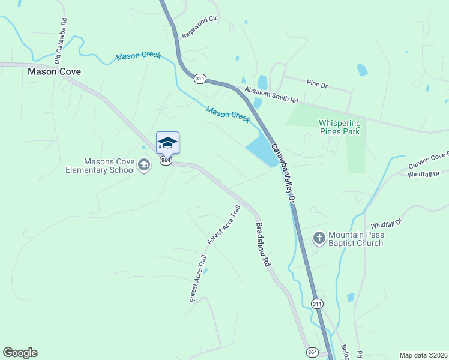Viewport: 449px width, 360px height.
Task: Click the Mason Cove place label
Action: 54,71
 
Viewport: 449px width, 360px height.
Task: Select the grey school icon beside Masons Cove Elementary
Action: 144,164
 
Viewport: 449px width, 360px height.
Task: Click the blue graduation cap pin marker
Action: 167,143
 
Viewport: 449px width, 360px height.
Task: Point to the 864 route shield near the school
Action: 166,161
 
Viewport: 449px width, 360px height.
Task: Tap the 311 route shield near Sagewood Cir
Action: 200,79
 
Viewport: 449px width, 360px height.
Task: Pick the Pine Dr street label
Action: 316,85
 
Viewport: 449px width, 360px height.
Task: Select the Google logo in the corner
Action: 20,353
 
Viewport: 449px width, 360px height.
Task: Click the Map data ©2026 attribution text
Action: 423,355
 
